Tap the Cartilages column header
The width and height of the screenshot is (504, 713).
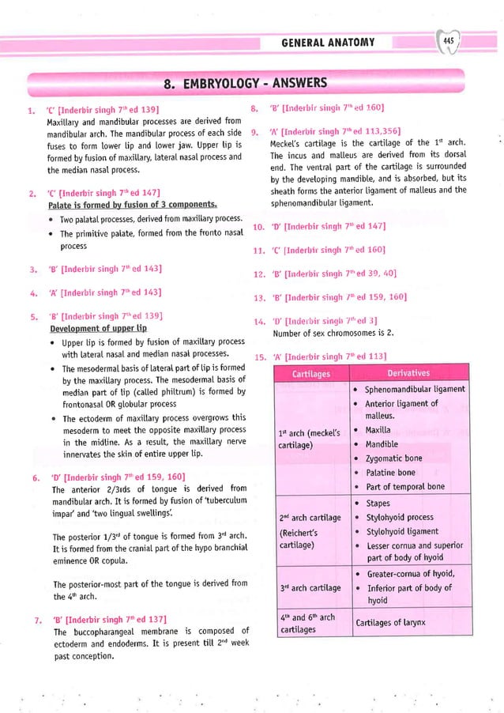point(310,373)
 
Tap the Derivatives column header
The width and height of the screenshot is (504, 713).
point(409,373)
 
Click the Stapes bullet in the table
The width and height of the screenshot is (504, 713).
point(378,503)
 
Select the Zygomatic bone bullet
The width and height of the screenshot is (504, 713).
point(393,458)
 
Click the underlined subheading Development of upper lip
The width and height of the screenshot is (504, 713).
point(98,327)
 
